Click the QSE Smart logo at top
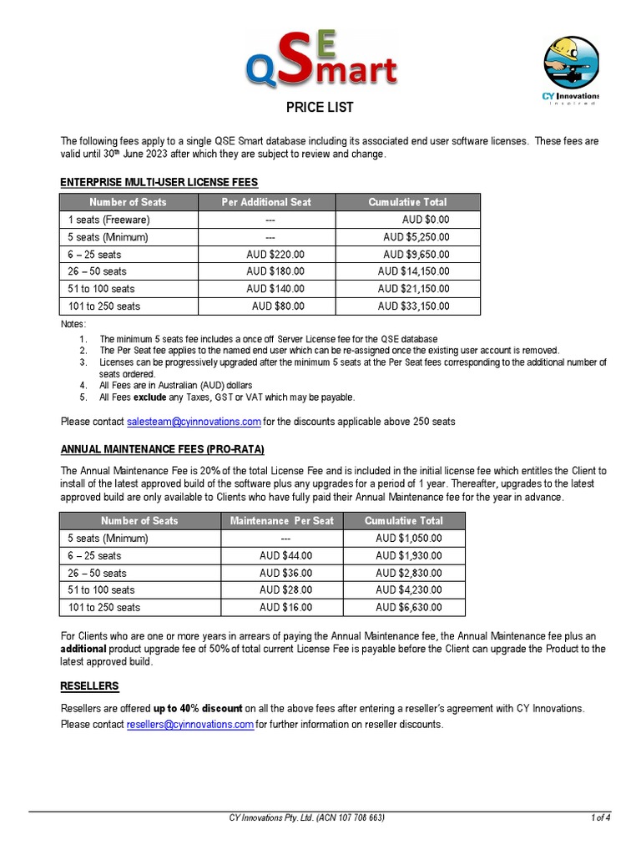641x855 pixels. [x=320, y=58]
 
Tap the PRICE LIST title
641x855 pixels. [x=320, y=107]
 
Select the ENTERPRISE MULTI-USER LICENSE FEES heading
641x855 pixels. [x=159, y=182]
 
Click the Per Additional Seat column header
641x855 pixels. [x=266, y=202]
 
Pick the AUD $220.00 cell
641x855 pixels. [x=275, y=254]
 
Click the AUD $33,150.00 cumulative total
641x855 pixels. [x=413, y=306]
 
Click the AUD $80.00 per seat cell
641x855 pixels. [x=278, y=306]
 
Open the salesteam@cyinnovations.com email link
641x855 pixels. [x=194, y=422]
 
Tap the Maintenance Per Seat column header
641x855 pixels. [x=282, y=520]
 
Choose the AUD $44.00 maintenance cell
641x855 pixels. [x=285, y=555]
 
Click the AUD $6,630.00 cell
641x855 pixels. [x=409, y=608]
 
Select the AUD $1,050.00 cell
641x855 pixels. [x=409, y=538]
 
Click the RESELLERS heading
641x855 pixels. [x=89, y=686]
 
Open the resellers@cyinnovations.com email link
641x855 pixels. [x=190, y=725]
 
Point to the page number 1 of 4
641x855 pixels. [x=600, y=817]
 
